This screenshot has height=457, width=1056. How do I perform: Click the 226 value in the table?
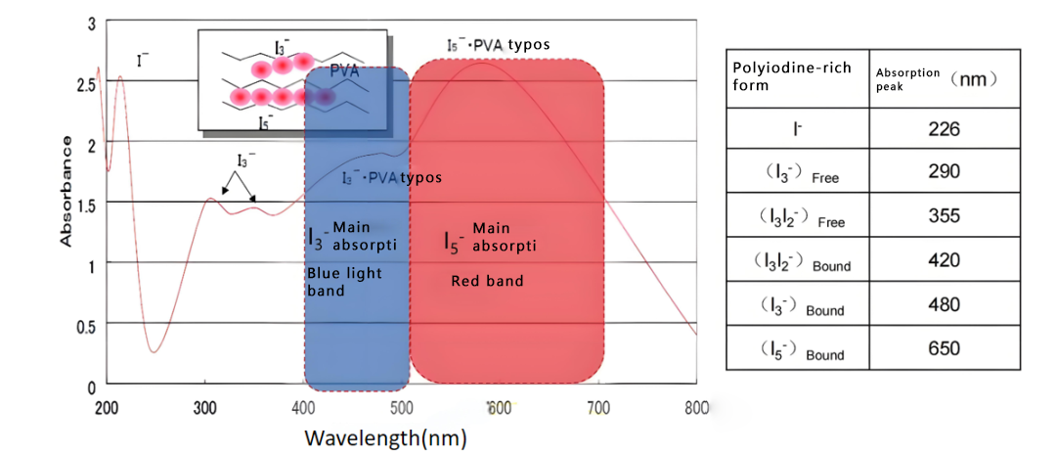pyautogui.click(x=945, y=129)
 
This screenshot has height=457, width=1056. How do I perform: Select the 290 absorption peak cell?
pyautogui.click(x=945, y=172)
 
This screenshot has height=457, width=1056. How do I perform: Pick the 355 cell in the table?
pyautogui.click(x=945, y=216)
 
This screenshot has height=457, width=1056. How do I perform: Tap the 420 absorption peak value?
pyautogui.click(x=945, y=260)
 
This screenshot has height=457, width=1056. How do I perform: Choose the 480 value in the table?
pyautogui.click(x=945, y=304)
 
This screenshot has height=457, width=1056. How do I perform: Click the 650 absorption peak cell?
pyautogui.click(x=945, y=348)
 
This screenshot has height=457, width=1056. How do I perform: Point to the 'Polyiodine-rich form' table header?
pyautogui.click(x=792, y=75)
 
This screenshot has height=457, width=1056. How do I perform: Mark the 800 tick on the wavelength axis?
pyautogui.click(x=696, y=406)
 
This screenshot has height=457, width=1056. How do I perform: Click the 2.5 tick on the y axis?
pyautogui.click(x=87, y=85)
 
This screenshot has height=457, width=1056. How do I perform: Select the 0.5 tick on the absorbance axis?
pyautogui.click(x=87, y=326)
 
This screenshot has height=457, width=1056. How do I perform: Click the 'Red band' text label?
pyautogui.click(x=487, y=282)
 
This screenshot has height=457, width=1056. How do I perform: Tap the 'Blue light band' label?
pyautogui.click(x=344, y=283)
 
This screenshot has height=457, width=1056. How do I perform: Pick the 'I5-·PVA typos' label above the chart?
pyautogui.click(x=498, y=45)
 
